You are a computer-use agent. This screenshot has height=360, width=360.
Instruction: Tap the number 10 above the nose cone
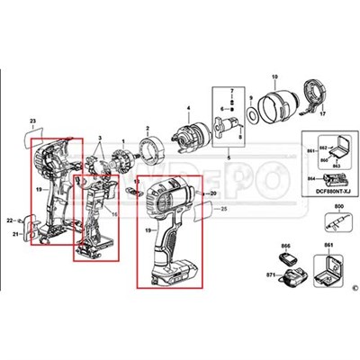274,78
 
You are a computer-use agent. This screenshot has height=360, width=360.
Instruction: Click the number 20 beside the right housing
212,193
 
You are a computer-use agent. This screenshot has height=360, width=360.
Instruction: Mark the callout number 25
223,209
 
